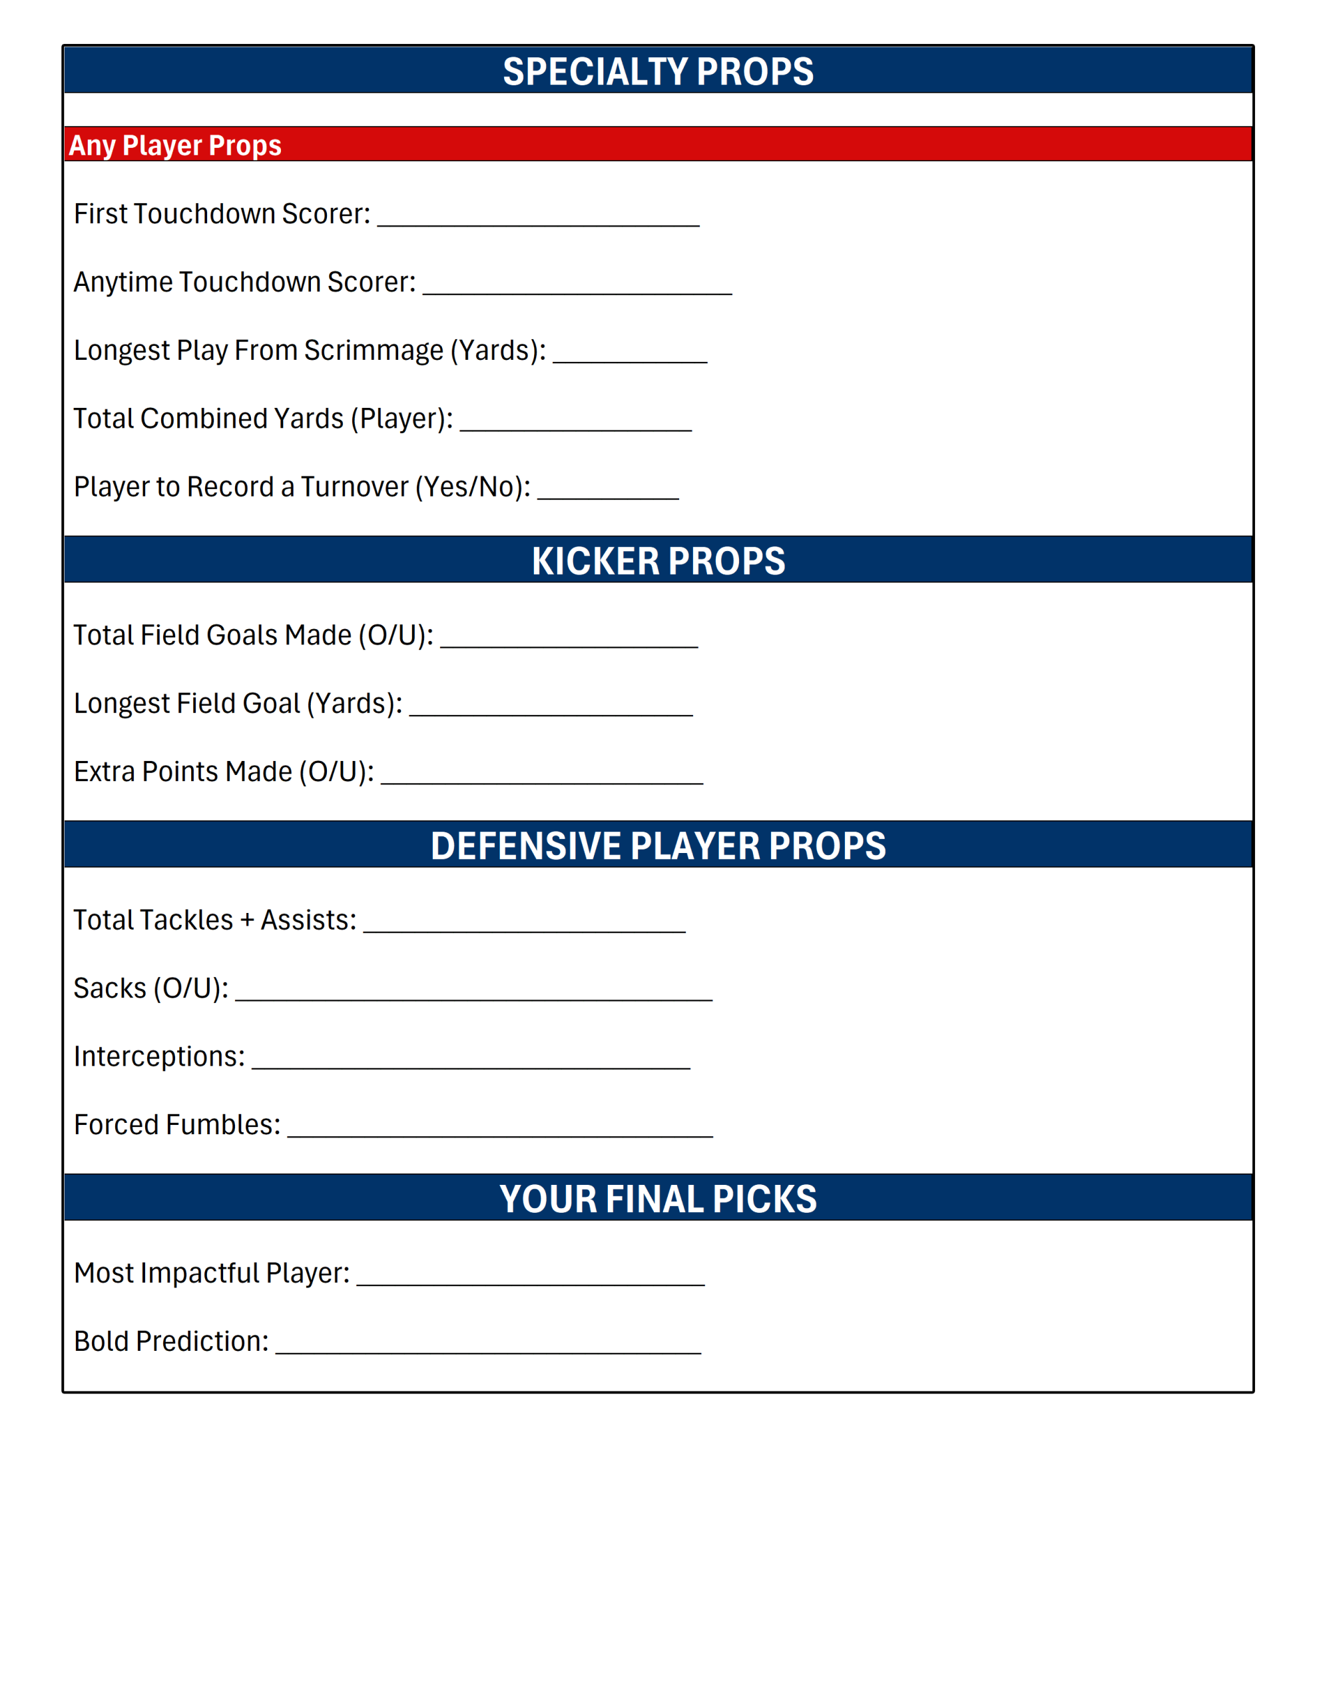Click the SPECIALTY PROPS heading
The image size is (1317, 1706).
657,71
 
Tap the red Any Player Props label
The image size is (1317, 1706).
175,145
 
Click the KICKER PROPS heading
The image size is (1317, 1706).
657,561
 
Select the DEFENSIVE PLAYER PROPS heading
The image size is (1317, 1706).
657,846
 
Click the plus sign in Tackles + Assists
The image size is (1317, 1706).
247,920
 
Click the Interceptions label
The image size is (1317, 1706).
159,1057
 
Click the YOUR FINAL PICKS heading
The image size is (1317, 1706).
657,1199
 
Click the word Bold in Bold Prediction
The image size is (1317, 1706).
101,1341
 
